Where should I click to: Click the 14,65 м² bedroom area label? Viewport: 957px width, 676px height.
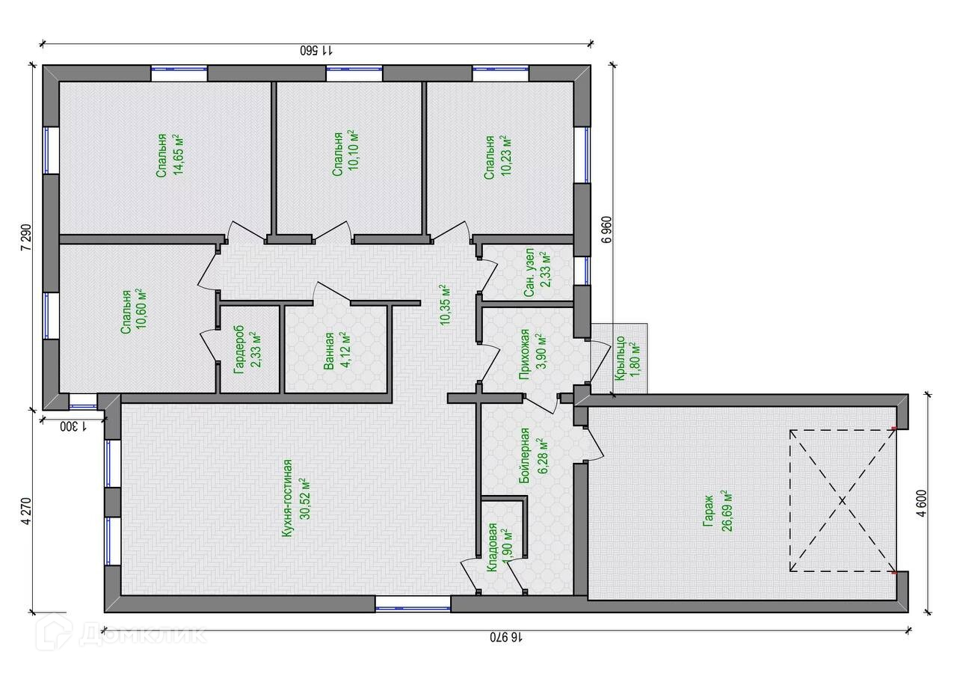point(169,155)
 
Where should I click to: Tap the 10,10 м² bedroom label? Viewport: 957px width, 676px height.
point(345,153)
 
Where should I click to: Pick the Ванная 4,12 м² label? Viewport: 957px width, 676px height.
point(337,351)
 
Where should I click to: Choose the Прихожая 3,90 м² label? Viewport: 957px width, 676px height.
point(532,354)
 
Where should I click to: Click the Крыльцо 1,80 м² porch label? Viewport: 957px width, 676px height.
point(627,358)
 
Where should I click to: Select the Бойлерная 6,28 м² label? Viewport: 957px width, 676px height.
point(532,455)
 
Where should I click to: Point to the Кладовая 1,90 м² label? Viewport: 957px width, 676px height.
point(499,547)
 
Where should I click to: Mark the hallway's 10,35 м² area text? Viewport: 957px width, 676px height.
point(445,306)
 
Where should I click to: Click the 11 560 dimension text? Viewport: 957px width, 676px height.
point(316,50)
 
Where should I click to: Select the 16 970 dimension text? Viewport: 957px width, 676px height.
point(506,638)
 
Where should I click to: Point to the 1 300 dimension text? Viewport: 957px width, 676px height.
point(73,426)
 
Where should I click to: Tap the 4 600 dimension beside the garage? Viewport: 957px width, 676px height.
point(922,503)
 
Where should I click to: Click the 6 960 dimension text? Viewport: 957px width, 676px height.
point(606,230)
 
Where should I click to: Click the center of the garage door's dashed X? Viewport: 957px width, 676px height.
point(842,500)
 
